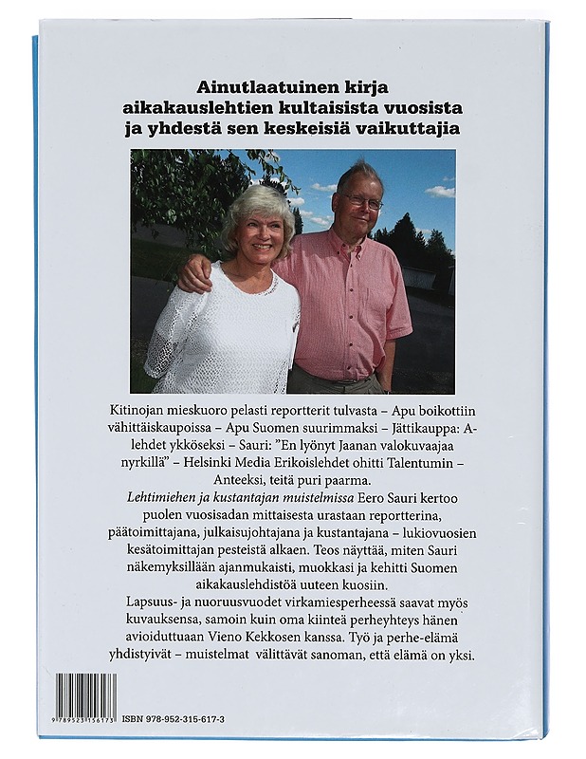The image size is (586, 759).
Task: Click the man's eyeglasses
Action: (363, 202)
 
